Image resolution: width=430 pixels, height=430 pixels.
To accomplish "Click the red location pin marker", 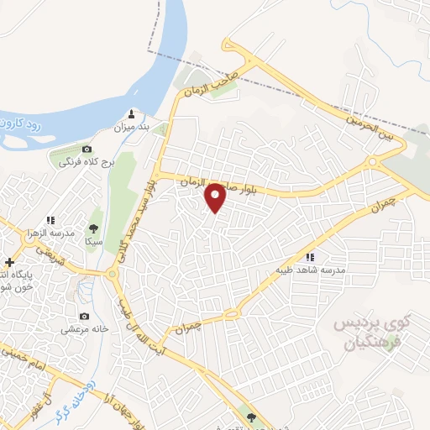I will pyautogui.click(x=215, y=197).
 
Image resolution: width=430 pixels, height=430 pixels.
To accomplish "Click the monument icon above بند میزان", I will pyautogui.click(x=131, y=113).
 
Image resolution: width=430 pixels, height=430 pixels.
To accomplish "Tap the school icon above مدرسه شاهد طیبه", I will pyautogui.click(x=310, y=257).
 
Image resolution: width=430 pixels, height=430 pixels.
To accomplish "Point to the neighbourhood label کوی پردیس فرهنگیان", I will pyautogui.click(x=369, y=333).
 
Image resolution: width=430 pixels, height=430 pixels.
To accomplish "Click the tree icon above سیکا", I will pyautogui.click(x=92, y=228).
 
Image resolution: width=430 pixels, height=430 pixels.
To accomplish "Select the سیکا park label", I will pyautogui.click(x=92, y=240).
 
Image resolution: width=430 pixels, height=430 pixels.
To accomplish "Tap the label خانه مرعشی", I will pyautogui.click(x=84, y=329).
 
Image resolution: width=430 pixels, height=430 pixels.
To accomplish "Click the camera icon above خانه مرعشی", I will pyautogui.click(x=84, y=316).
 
